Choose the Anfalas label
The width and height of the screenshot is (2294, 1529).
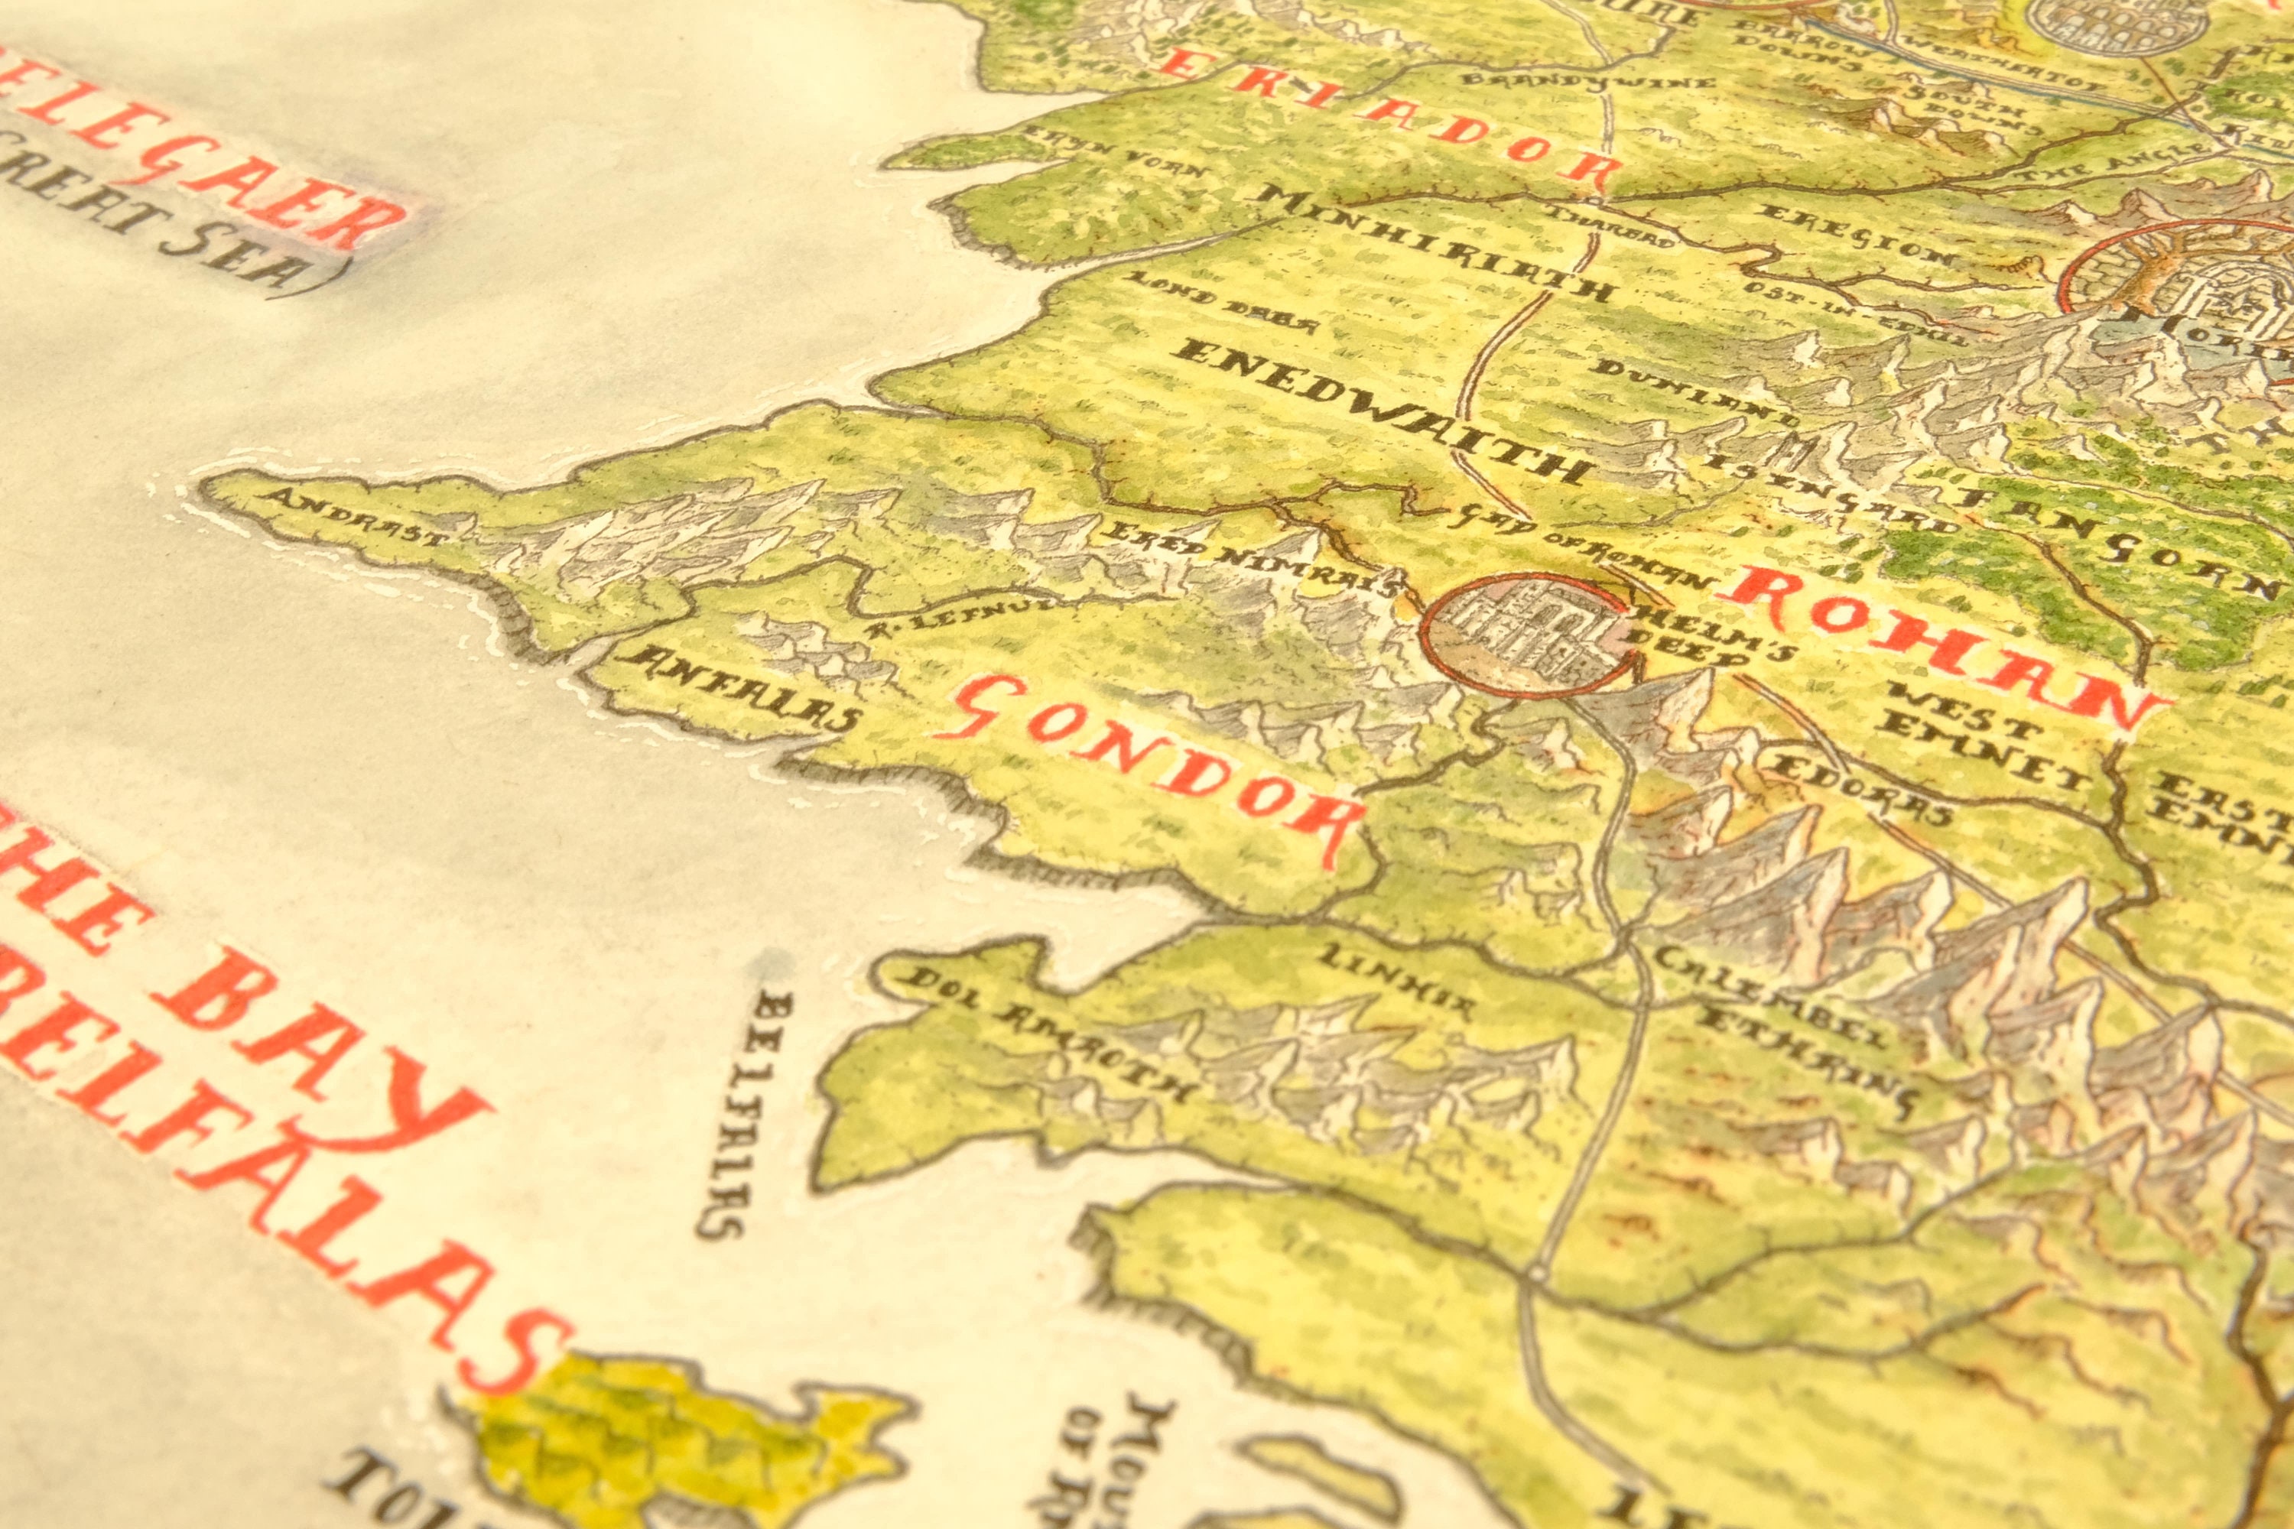click(x=741, y=687)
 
